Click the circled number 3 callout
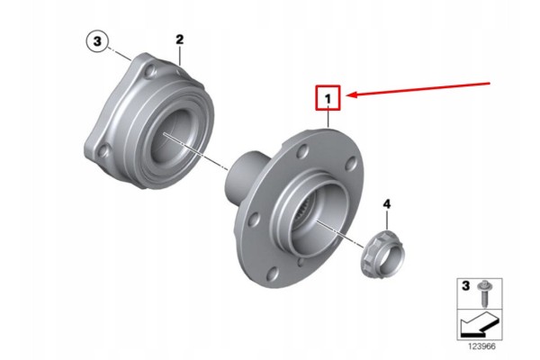[97, 41]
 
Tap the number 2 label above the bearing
[180, 40]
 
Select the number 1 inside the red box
[328, 99]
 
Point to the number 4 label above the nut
[387, 204]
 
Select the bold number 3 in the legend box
[465, 285]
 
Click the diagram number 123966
[481, 346]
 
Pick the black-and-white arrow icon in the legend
[479, 325]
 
